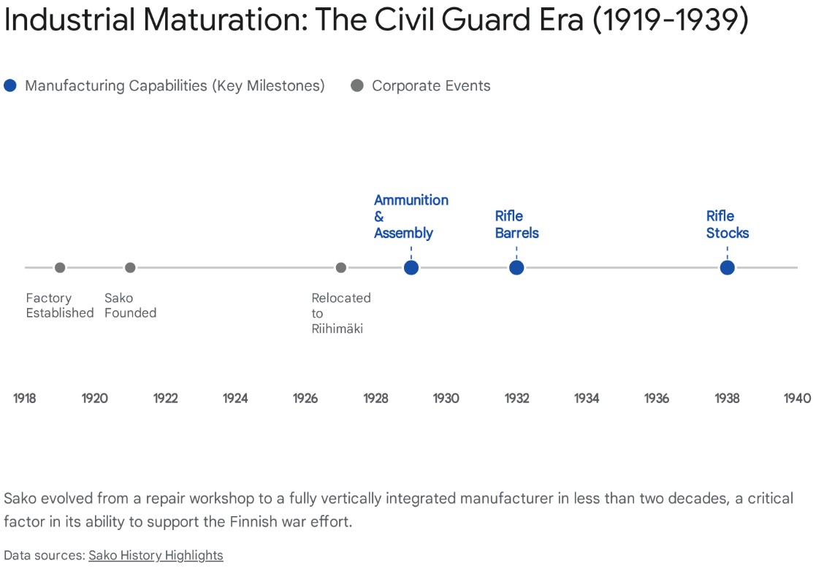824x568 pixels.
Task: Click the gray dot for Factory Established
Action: point(60,268)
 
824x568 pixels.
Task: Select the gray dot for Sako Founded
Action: point(130,268)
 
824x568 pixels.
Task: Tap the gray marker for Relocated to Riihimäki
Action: point(340,268)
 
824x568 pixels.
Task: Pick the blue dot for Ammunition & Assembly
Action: point(411,268)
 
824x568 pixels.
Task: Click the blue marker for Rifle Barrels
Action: point(516,268)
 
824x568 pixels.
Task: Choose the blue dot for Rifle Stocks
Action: point(727,268)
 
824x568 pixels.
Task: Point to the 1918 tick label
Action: point(25,399)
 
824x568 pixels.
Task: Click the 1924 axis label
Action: point(235,399)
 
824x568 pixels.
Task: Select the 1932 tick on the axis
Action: point(516,399)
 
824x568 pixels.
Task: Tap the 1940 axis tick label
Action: point(797,399)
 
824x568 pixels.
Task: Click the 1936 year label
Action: point(657,399)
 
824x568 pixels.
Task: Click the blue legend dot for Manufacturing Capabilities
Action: point(10,86)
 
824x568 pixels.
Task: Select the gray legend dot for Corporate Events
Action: point(357,86)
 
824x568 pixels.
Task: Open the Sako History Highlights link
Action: point(156,556)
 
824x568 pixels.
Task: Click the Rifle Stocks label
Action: point(727,225)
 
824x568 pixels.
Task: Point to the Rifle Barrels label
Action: point(516,225)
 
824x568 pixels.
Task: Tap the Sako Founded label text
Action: point(130,306)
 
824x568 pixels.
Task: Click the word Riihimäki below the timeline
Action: point(337,329)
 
